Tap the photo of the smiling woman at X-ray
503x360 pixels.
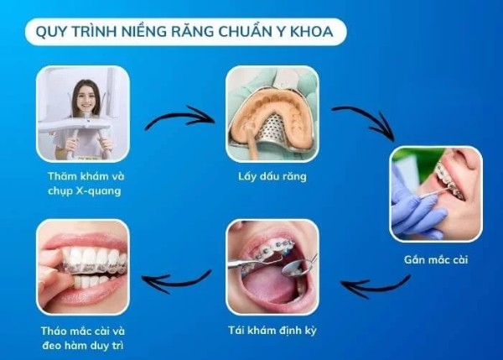[x=83, y=113]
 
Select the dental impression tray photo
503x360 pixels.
[x=272, y=113]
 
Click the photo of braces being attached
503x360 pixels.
[x=436, y=194]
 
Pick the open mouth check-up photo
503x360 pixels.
[x=272, y=266]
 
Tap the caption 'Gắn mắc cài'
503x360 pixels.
[x=437, y=259]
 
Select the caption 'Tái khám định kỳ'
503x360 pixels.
[x=272, y=329]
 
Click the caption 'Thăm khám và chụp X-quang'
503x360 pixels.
[x=83, y=184]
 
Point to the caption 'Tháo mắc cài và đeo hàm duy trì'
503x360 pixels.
[x=83, y=336]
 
